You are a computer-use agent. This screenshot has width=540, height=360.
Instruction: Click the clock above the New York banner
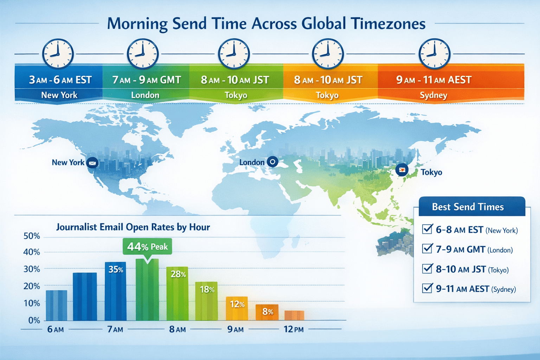click(x=58, y=54)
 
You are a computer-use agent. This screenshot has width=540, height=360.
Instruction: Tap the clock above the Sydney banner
click(x=434, y=54)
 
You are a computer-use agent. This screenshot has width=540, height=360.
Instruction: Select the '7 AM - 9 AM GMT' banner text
click(x=146, y=80)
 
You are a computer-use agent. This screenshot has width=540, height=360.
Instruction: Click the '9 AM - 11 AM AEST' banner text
click(x=433, y=80)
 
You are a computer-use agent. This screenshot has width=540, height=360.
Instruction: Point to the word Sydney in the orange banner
click(x=433, y=95)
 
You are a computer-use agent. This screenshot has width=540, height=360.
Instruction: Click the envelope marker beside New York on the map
click(x=92, y=163)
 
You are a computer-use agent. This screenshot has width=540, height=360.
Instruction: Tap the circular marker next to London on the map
click(x=272, y=162)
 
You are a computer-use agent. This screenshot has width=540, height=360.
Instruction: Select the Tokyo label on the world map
click(x=431, y=172)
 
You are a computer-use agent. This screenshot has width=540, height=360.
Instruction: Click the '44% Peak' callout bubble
click(x=147, y=247)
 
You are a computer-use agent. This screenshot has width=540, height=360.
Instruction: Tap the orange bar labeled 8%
click(x=267, y=312)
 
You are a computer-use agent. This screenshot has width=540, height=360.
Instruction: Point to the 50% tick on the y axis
click(x=32, y=236)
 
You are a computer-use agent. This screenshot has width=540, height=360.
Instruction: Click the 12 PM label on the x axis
click(x=294, y=329)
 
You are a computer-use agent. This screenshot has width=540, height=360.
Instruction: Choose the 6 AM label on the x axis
click(x=56, y=329)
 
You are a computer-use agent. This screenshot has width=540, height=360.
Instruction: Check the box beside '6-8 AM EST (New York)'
click(x=427, y=229)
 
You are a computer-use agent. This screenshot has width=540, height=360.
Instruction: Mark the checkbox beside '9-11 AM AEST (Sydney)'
click(x=427, y=288)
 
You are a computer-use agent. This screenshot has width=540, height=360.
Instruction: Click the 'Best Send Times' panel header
click(x=468, y=207)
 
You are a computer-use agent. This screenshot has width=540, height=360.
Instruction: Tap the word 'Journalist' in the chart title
click(x=76, y=227)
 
